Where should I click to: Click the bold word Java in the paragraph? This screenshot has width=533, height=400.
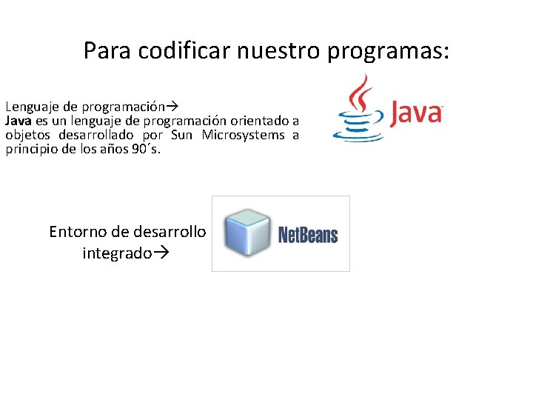[19, 121]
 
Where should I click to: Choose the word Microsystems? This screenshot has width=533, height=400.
[243, 135]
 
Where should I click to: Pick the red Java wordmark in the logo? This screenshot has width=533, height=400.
[416, 113]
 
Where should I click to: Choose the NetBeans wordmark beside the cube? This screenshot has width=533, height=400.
[307, 235]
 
